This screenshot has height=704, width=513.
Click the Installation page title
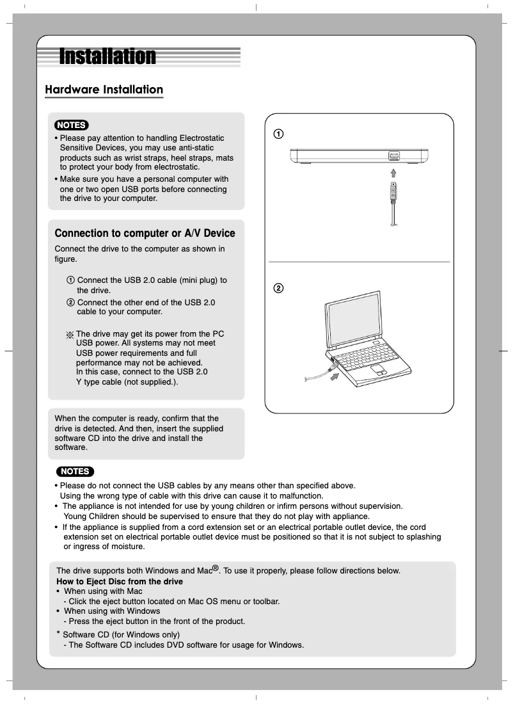click(x=107, y=57)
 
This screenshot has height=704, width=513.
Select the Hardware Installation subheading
click(x=104, y=90)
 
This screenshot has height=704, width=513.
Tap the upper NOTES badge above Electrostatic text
click(x=71, y=125)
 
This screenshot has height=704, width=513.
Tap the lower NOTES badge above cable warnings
click(x=75, y=472)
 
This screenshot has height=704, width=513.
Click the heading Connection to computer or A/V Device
click(x=145, y=234)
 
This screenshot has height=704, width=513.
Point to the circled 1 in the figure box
click(x=278, y=134)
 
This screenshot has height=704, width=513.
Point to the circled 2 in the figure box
click(x=278, y=288)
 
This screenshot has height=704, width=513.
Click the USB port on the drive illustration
click(x=393, y=156)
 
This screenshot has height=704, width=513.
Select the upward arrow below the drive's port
click(x=393, y=173)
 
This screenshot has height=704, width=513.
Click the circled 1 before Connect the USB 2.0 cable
click(x=70, y=280)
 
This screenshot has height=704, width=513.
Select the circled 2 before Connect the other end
click(x=70, y=302)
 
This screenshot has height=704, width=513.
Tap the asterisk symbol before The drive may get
click(x=70, y=335)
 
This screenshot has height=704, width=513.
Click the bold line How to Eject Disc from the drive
click(x=120, y=581)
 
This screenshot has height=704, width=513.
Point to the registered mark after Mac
click(x=216, y=568)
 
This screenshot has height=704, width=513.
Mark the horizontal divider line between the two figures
click(x=359, y=262)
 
